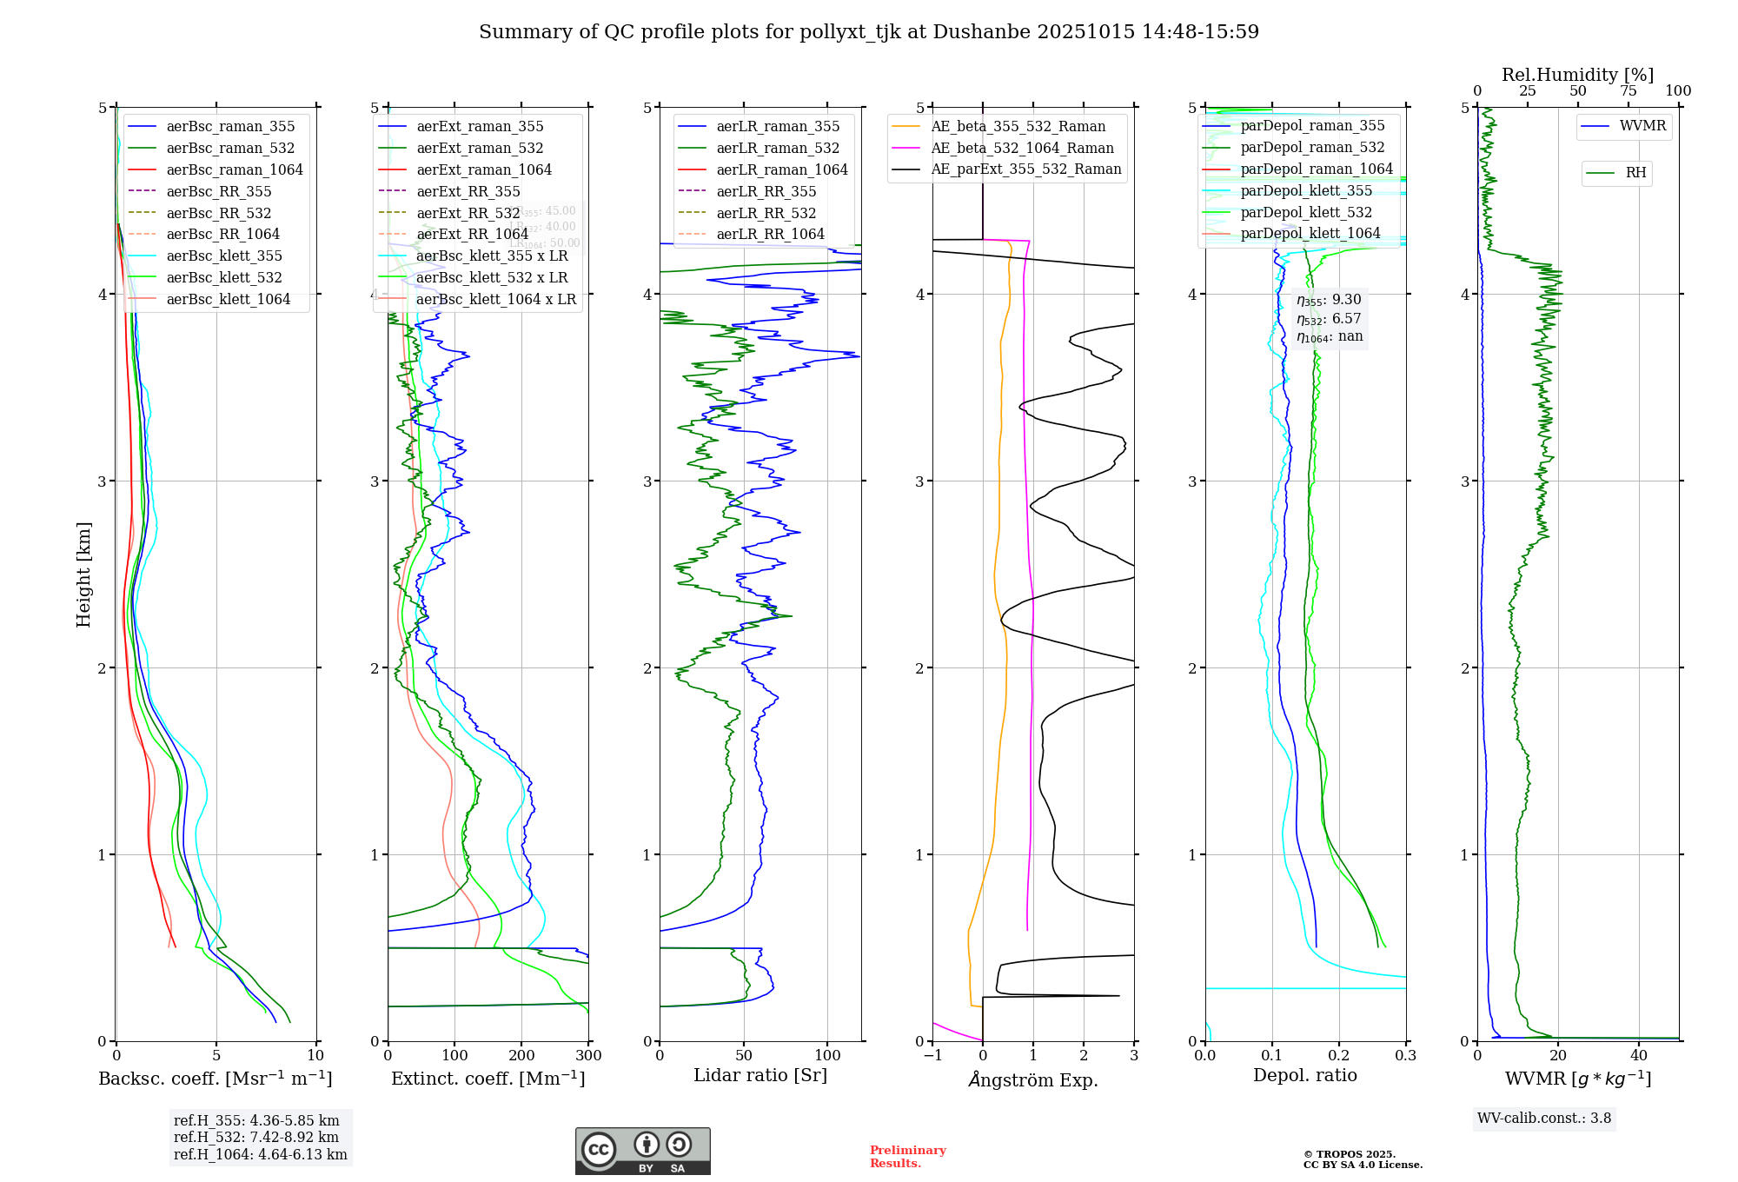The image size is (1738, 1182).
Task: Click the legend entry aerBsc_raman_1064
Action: coord(235,169)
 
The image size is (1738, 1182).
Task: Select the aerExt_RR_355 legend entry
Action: coord(468,191)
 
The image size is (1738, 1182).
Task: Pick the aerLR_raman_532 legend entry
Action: coord(778,148)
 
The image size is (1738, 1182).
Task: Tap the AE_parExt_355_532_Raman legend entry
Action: coord(1025,169)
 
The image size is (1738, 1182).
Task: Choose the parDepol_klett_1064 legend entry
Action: coord(1310,233)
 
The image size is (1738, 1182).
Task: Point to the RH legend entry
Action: coord(1635,173)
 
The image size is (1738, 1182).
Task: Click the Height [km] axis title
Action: coord(83,574)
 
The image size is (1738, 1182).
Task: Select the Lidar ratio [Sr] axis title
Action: coord(760,1075)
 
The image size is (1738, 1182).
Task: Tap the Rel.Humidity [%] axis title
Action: coord(1577,75)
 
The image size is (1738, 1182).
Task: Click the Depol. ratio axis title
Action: coord(1304,1075)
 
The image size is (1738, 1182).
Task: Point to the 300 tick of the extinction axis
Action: coord(588,1056)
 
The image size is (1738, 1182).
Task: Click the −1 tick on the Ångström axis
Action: coord(932,1056)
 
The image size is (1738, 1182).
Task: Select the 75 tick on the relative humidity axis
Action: coord(1628,91)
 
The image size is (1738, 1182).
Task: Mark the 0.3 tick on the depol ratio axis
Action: coord(1405,1056)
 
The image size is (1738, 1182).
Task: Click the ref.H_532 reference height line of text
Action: coord(256,1138)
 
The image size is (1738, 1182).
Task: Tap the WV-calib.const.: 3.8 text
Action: coord(1544,1119)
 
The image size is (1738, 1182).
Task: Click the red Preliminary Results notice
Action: coord(907,1157)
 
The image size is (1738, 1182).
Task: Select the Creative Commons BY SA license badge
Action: coord(642,1152)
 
